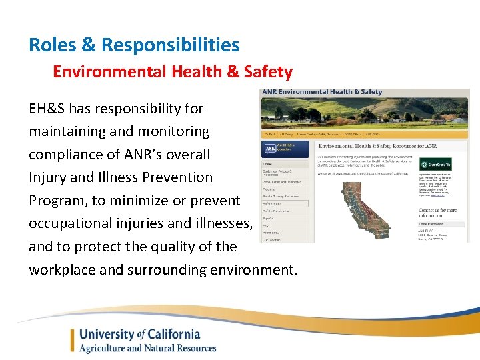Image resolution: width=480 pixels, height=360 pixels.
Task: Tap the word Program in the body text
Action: (x=58, y=201)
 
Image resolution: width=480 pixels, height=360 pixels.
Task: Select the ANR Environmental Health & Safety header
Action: (x=322, y=92)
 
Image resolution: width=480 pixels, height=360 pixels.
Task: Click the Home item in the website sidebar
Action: (x=268, y=163)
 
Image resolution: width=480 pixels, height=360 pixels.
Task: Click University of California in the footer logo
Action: (x=139, y=334)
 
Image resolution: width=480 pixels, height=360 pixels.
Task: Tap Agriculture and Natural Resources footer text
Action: (x=147, y=348)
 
